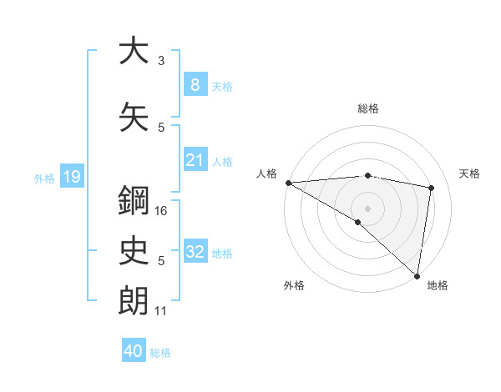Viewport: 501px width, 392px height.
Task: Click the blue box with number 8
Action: tap(195, 85)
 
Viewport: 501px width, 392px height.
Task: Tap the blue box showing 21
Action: tap(195, 160)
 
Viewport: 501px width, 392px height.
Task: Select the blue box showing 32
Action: tap(195, 252)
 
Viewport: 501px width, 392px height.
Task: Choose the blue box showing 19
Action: tap(71, 177)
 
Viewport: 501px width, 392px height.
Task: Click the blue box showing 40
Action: tap(134, 351)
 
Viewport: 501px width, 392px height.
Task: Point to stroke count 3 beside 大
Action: tap(161, 61)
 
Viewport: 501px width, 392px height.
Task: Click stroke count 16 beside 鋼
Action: tap(162, 211)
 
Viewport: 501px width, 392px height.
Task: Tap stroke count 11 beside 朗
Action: tap(161, 311)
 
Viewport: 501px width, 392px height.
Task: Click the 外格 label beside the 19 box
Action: tap(44, 178)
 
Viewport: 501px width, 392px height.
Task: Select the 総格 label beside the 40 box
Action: tap(160, 352)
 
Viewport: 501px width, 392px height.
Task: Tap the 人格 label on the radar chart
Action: tap(266, 173)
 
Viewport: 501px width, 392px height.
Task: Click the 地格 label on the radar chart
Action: tap(438, 285)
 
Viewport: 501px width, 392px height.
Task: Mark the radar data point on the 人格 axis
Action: tap(288, 183)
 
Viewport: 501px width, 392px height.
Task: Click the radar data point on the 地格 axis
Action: tap(417, 275)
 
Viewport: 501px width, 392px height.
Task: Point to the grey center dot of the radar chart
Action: tap(367, 208)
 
